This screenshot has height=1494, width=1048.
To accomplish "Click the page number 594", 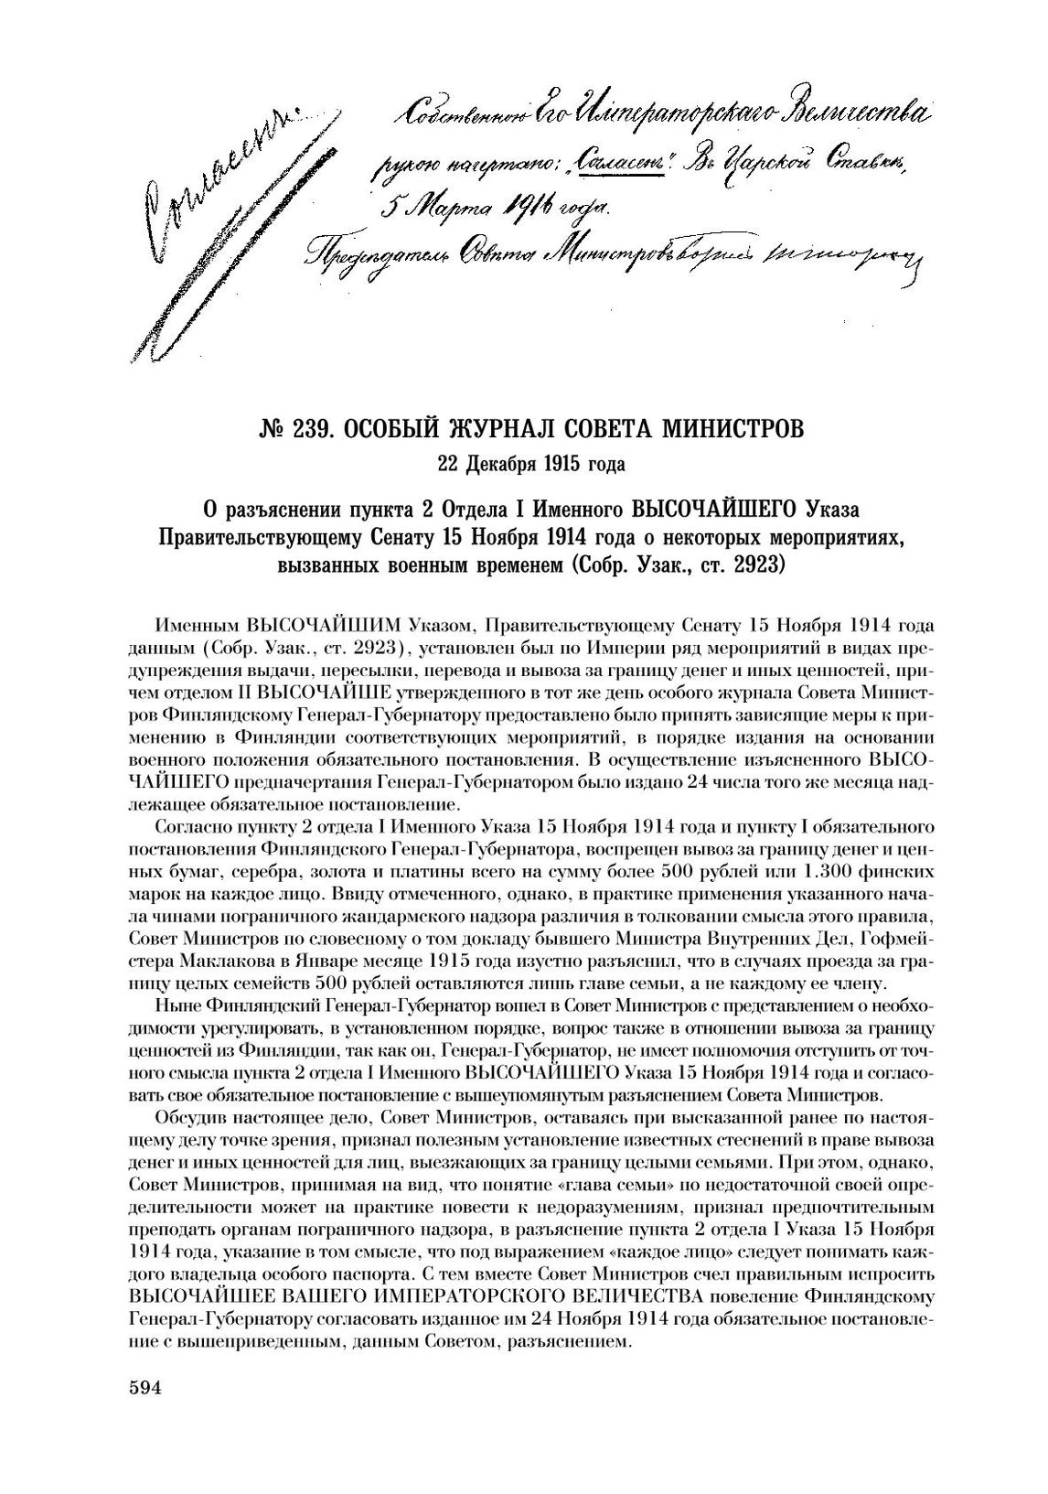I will point(144,1388).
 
